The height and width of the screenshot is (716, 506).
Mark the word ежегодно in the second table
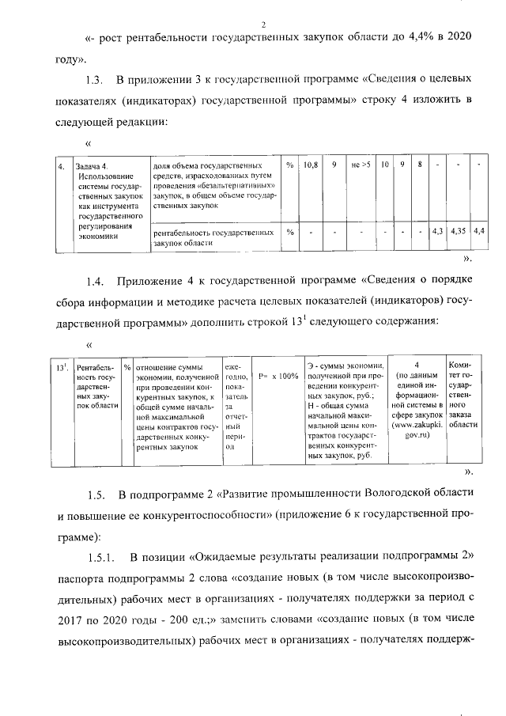pyautogui.click(x=236, y=373)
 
